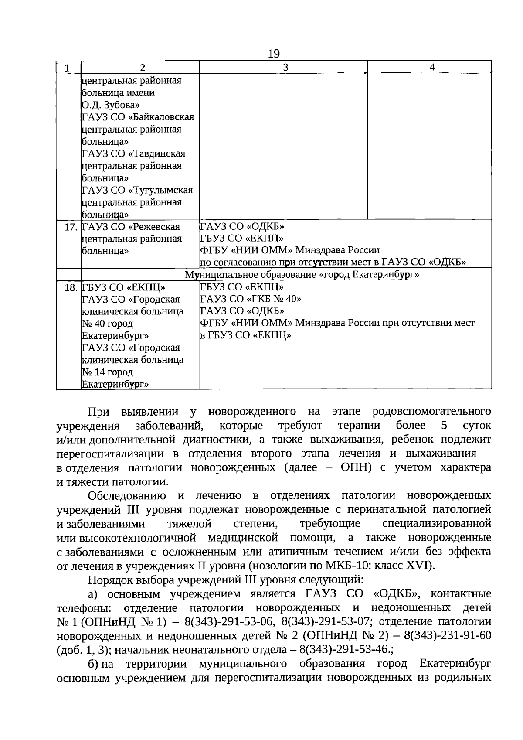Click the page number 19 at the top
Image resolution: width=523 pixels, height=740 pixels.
click(274, 54)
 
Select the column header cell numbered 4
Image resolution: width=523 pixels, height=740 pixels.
click(431, 67)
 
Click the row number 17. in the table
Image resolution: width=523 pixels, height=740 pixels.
click(71, 227)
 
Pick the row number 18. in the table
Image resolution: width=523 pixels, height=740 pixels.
click(71, 288)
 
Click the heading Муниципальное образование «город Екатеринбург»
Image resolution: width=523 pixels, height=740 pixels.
click(302, 275)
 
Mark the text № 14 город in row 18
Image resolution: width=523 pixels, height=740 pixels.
click(107, 372)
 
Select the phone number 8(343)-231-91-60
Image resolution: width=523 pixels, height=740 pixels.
click(448, 635)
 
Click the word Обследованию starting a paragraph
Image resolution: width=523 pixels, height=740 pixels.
click(127, 496)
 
